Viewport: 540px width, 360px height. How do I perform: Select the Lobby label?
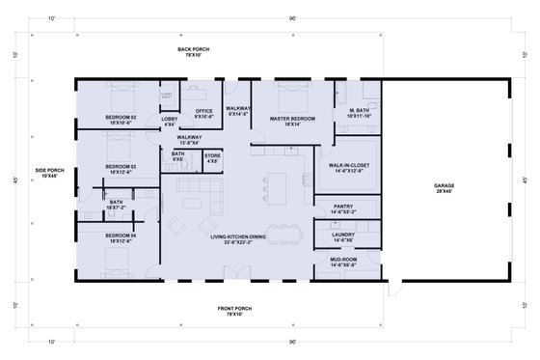(170, 120)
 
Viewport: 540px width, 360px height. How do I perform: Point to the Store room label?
(212, 156)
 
